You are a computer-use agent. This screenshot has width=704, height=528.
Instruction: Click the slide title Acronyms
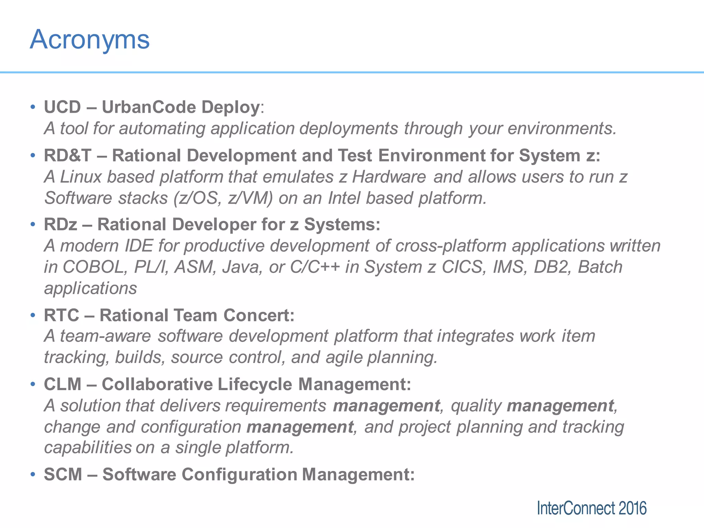coord(90,40)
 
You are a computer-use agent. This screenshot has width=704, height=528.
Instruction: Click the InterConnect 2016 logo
coord(592,508)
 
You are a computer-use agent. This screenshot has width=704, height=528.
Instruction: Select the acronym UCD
coord(62,107)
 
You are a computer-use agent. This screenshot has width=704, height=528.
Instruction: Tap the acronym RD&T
coord(67,155)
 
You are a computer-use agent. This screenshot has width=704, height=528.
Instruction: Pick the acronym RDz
coord(60,224)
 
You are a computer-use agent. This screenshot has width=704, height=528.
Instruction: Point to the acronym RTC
coord(62,315)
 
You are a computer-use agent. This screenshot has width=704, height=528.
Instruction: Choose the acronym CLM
coord(63,384)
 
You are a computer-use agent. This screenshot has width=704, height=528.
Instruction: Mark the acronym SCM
coord(63,474)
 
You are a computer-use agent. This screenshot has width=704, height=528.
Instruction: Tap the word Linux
coord(81,177)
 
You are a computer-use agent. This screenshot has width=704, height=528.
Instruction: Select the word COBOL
coord(93,267)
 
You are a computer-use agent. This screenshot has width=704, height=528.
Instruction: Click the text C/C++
coord(315,267)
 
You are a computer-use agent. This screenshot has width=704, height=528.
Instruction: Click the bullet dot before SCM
coord(33,474)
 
